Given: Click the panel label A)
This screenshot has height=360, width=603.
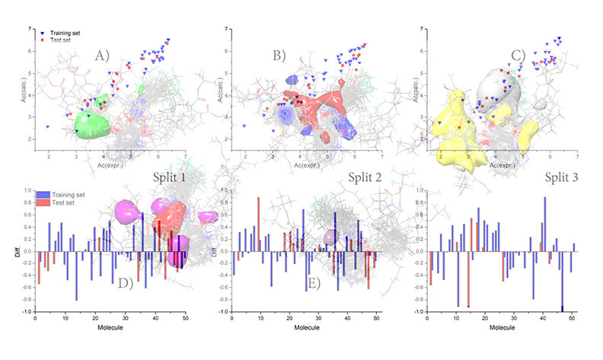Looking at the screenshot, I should [x=103, y=56].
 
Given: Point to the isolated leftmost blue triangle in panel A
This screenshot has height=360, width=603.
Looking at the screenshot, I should [x=48, y=126].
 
